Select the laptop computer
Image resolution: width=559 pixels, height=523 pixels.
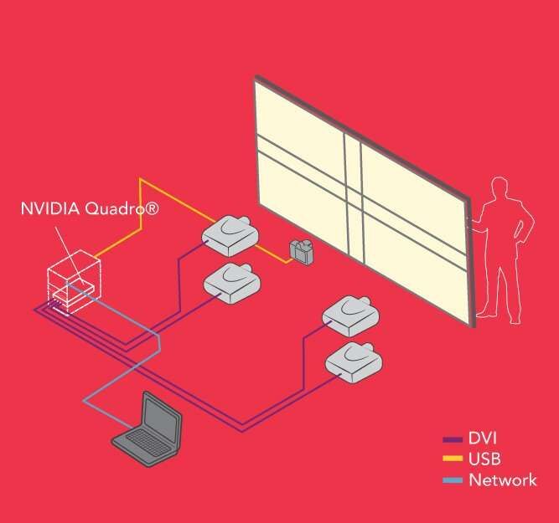click(149, 428)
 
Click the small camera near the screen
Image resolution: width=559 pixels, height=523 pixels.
click(301, 251)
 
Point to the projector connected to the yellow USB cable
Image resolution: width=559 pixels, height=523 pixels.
click(230, 235)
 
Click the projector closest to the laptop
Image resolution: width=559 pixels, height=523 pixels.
click(230, 279)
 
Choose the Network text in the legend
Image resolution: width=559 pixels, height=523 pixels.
click(503, 479)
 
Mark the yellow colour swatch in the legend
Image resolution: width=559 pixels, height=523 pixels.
click(453, 459)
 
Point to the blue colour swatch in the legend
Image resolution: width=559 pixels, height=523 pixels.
click(453, 479)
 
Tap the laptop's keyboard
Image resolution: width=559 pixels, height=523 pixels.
click(138, 443)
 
